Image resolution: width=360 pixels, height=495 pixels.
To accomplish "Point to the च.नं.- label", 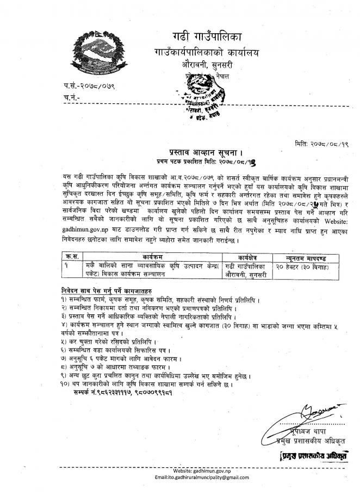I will pyautogui.click(x=72, y=97).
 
